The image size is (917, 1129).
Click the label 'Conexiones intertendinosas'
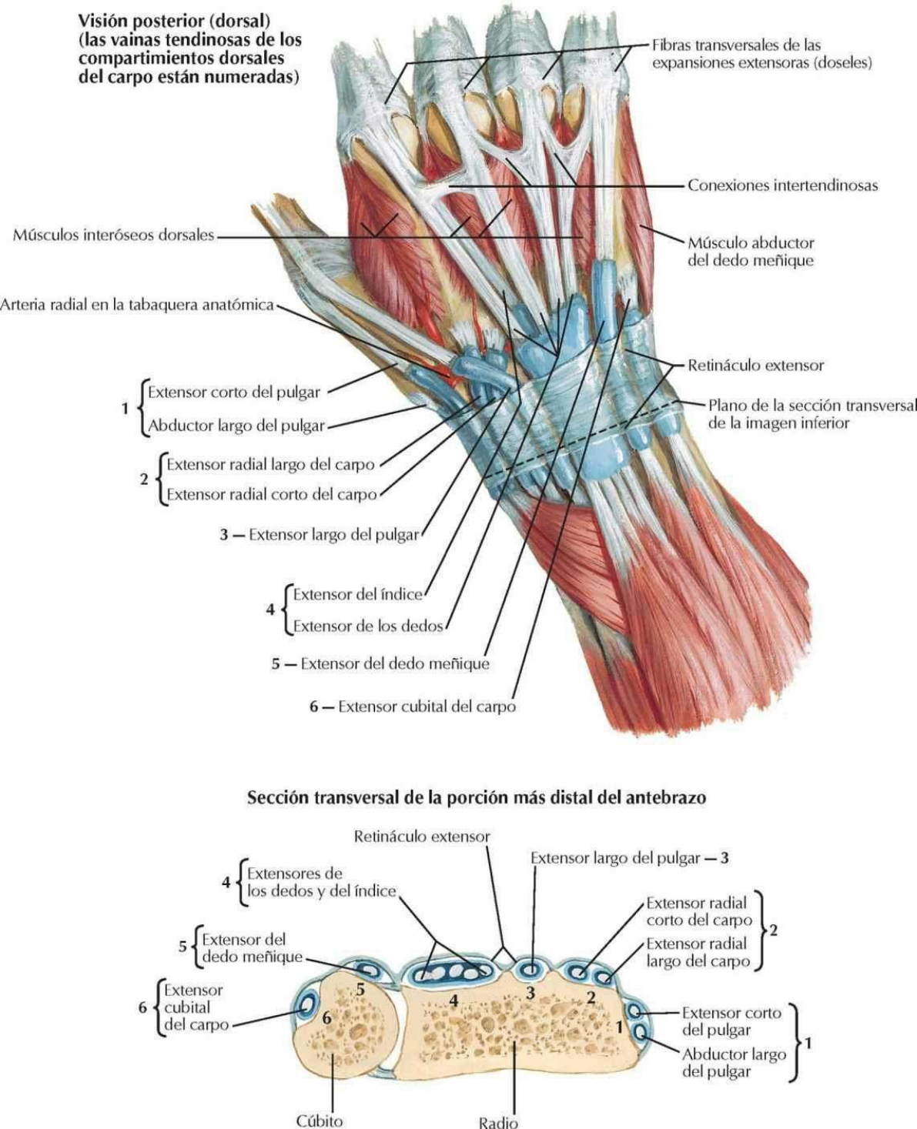[x=783, y=185]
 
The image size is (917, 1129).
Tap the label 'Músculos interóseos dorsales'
[x=113, y=235]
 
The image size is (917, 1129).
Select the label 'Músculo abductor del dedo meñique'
[x=751, y=252]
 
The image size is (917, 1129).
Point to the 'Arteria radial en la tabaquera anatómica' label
[x=137, y=305]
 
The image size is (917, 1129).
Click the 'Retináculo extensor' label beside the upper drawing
[x=756, y=366]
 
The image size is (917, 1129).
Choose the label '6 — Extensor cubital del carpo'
[x=413, y=706]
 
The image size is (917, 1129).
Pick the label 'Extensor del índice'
[x=357, y=594]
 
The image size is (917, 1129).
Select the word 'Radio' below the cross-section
[x=498, y=1121]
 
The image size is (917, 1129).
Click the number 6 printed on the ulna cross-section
[x=326, y=1017]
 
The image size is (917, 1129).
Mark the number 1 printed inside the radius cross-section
[x=619, y=1027]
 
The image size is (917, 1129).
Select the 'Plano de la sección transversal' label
[x=812, y=414]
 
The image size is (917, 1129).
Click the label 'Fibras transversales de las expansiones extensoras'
[x=762, y=54]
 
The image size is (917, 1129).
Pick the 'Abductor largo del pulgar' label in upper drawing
[x=236, y=425]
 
